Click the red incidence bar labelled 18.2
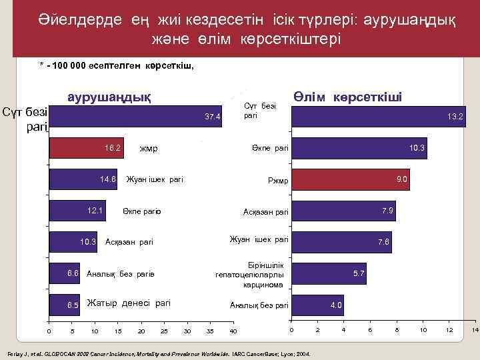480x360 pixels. (x=87, y=148)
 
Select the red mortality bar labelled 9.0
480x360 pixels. (x=351, y=179)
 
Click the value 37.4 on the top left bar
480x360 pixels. (x=213, y=117)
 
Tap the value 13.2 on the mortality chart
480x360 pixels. (x=456, y=117)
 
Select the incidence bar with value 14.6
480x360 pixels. (x=83, y=179)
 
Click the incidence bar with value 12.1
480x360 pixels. (x=77, y=211)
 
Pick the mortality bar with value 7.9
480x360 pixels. (x=343, y=211)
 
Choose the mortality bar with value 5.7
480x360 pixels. (x=328, y=273)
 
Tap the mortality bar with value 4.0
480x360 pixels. (x=317, y=305)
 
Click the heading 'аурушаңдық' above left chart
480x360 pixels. (x=109, y=97)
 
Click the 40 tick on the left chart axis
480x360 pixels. (x=233, y=331)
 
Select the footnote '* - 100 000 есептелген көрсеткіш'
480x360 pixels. (x=116, y=65)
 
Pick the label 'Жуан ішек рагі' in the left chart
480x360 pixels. (x=155, y=179)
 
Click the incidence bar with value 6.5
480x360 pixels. (x=65, y=305)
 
